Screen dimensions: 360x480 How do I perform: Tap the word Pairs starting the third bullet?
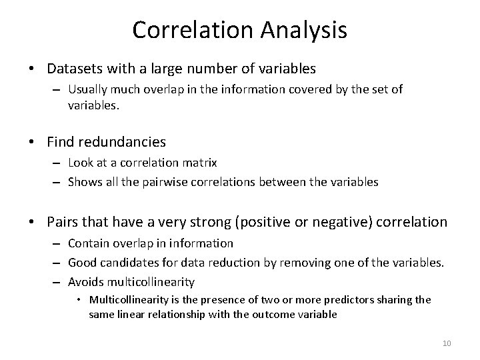point(63,222)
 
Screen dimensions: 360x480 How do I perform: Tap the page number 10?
point(447,343)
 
